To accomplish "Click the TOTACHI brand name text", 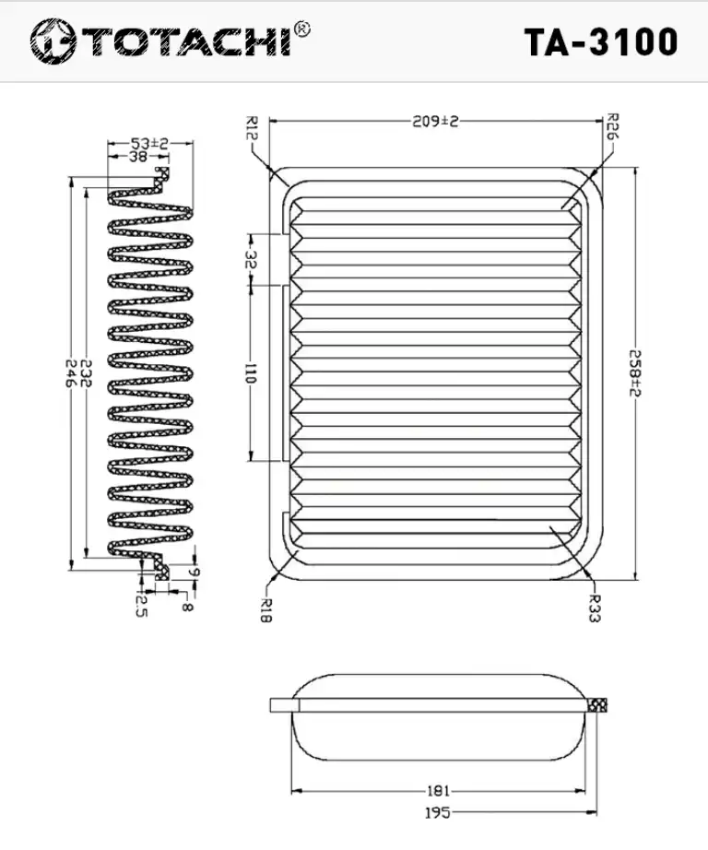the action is pos(187,41).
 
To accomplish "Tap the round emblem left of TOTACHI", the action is pos(53,41).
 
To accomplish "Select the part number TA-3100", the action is pos(601,41).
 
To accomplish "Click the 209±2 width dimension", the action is pos(435,121).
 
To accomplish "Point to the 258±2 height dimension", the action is pos(635,372).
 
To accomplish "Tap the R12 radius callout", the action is pos(251,128).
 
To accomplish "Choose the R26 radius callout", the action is pos(612,126).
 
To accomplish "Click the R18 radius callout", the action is pos(265,609).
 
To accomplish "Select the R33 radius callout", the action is pos(595,608).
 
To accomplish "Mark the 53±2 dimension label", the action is pos(149,143).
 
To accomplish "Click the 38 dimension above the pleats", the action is pos(138,157).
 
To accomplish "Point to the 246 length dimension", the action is pos(70,373).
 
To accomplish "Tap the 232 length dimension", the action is pos(86,373).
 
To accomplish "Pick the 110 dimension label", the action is pos(250,373).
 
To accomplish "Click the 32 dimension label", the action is pos(250,259).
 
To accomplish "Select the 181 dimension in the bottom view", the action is pos(438,791).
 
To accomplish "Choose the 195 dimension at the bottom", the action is pos(438,812).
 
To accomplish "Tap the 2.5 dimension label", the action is pos(140,606).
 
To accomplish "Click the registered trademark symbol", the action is pos(301,30).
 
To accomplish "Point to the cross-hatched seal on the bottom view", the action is pos(596,704).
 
